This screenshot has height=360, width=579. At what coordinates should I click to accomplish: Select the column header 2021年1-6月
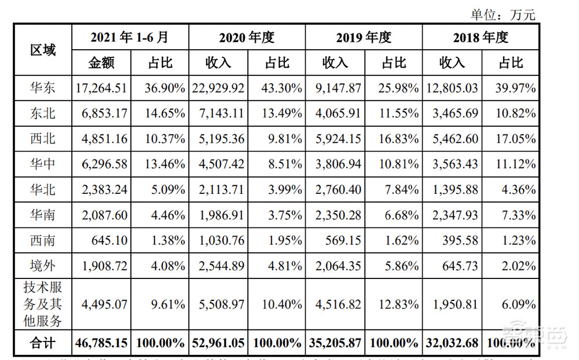130,38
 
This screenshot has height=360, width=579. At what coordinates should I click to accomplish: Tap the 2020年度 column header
247,38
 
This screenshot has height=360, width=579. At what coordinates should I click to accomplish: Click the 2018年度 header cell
481,38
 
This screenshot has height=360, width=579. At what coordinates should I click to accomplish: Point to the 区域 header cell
43,50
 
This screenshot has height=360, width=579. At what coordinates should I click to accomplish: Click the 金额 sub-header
102,63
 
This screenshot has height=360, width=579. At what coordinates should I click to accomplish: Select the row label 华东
43,89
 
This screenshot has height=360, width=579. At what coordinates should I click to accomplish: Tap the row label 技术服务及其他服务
43,303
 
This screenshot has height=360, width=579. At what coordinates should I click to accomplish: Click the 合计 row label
43,343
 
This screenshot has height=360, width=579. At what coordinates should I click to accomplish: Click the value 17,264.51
101,89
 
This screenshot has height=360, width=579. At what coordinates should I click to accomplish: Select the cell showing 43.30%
277,89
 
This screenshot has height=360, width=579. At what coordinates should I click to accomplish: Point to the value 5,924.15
335,139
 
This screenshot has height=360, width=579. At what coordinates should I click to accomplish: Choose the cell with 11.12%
510,164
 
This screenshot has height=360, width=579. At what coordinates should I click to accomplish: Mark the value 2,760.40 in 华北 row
335,189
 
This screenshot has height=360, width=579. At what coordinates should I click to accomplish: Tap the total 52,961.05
218,343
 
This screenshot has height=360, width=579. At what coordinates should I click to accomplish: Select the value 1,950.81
452,303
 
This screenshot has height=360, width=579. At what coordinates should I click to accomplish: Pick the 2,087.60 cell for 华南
101,215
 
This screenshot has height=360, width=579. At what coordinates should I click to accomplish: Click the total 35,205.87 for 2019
335,343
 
